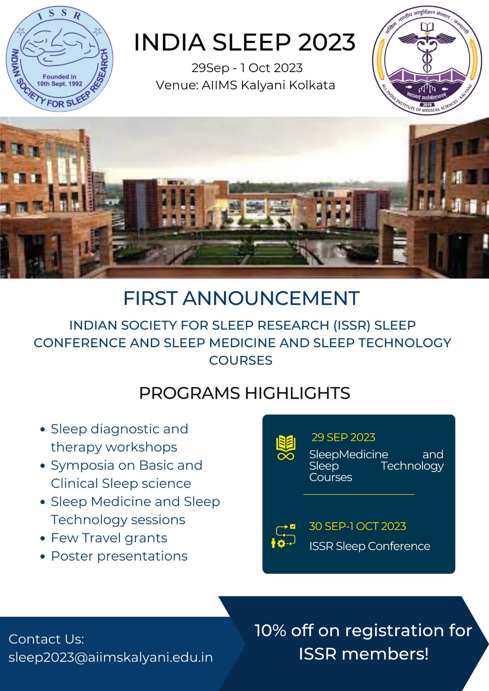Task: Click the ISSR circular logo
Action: coord(60,59)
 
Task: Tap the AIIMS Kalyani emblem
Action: coord(427,60)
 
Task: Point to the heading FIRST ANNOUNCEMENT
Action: coord(241,298)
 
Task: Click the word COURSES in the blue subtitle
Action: coord(241,360)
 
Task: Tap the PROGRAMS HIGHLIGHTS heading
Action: coord(245,393)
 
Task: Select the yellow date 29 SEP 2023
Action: coord(343,437)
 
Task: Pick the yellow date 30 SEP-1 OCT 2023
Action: coord(358,526)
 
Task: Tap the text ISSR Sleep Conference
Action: coord(370,546)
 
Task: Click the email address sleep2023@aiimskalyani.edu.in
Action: coord(111,657)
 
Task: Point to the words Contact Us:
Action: coord(46,639)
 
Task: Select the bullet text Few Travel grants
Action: coord(109,538)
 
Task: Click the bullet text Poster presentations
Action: coord(119,556)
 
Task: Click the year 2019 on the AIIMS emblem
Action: coord(427,105)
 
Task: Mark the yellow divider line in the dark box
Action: coord(358,494)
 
